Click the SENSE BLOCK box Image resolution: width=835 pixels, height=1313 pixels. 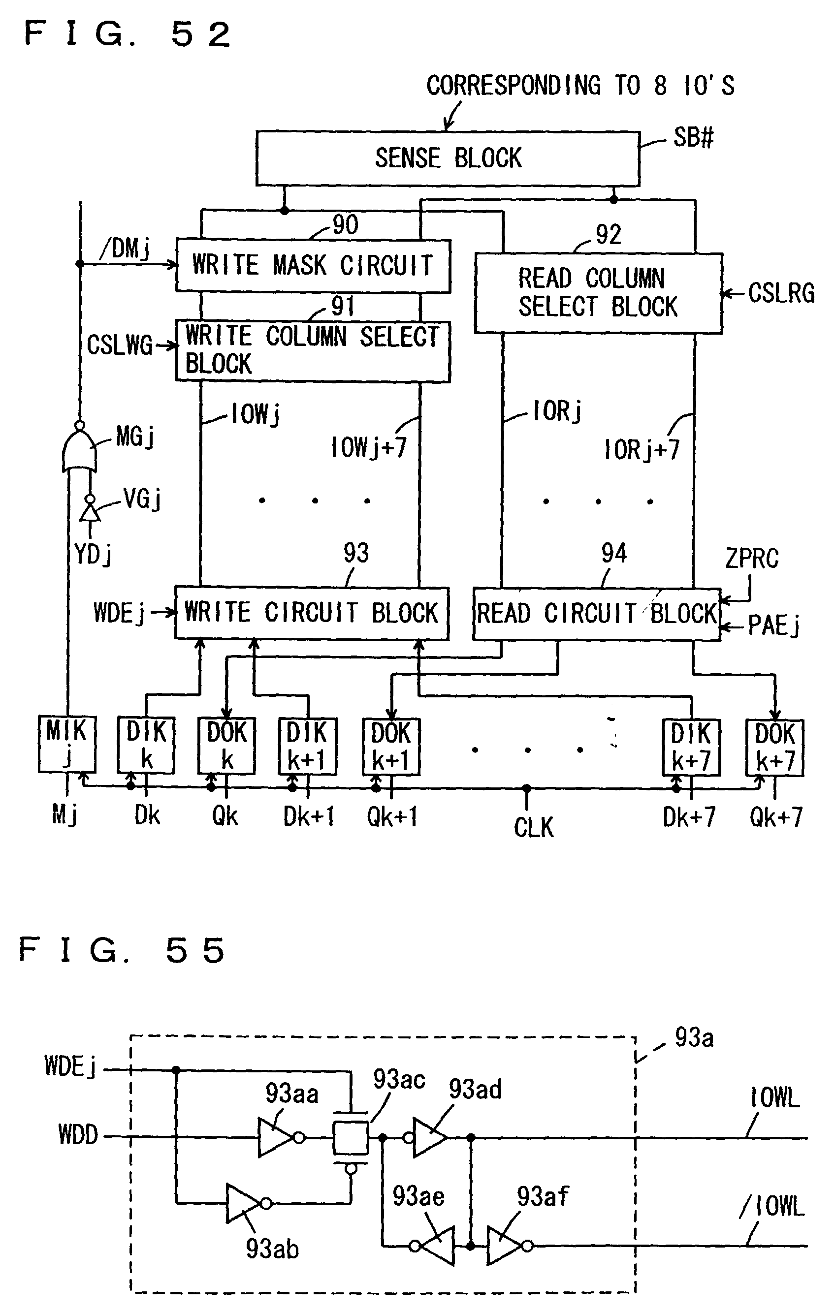coord(447,158)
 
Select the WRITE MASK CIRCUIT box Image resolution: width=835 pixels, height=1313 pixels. coord(313,266)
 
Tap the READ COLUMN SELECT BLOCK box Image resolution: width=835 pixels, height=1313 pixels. coord(598,293)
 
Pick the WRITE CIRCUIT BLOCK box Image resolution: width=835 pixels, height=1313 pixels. coord(312,613)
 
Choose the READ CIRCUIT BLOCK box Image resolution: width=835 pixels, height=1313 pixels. coord(597,614)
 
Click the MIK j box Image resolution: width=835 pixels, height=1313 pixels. coord(66,744)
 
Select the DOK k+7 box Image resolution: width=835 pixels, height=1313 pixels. coord(774,747)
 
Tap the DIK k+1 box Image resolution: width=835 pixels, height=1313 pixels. coord(307,746)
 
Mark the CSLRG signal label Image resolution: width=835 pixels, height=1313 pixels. coord(780,293)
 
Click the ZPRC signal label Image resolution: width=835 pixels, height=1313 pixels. coord(752,559)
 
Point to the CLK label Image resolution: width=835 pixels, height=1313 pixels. coord(533,827)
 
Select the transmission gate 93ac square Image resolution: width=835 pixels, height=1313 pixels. coord(351,1137)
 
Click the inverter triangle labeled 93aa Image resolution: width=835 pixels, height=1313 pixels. coord(276,1137)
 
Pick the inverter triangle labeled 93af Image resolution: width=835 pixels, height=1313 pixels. coord(505,1246)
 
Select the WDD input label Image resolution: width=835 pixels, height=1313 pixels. coord(78,1136)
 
